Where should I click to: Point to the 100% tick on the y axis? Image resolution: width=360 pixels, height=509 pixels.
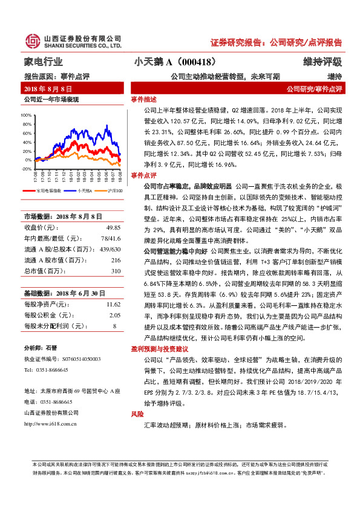(27, 114)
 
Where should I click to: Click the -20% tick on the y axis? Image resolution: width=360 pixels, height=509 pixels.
(27, 169)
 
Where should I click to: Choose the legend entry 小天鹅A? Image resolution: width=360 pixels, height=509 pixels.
(84, 190)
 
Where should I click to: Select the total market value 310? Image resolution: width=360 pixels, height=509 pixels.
(116, 270)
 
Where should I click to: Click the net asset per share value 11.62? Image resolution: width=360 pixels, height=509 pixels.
(113, 304)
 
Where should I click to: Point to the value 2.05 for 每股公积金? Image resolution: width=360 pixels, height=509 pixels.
(114, 315)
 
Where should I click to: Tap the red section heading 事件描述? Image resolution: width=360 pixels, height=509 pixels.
(143, 99)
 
